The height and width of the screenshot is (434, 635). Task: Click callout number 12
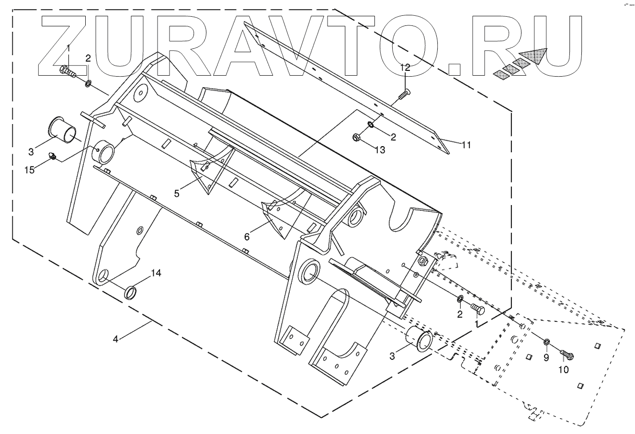[405, 68]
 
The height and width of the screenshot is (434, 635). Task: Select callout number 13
[380, 150]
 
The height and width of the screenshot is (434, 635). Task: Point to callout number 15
[30, 170]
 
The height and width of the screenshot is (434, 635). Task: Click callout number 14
[157, 273]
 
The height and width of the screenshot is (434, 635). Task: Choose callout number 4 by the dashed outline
[115, 339]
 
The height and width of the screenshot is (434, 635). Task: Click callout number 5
[177, 194]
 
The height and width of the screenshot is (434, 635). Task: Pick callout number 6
[247, 236]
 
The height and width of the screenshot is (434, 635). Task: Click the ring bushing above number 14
[130, 292]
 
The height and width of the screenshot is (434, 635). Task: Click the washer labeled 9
[546, 342]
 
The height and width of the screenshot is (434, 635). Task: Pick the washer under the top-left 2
[89, 84]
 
